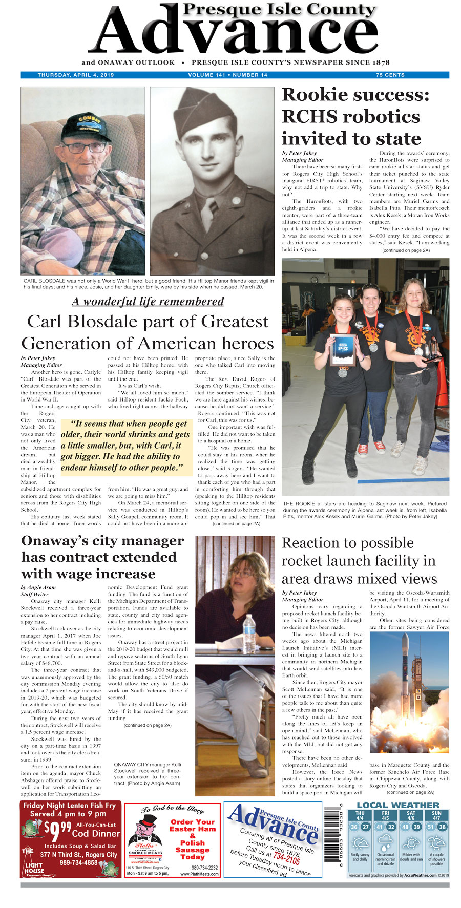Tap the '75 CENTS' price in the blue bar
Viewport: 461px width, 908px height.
(x=390, y=75)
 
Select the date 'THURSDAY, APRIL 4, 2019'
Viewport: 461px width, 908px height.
(x=76, y=75)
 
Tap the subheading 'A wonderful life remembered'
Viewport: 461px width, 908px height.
(x=148, y=301)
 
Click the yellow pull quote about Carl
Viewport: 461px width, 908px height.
(x=125, y=446)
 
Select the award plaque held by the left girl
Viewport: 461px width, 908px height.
(x=343, y=349)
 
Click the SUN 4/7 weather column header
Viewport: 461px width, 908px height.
(x=436, y=816)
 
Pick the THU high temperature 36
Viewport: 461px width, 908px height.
(x=354, y=827)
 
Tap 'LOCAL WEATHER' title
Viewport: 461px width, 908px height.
(x=397, y=805)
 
